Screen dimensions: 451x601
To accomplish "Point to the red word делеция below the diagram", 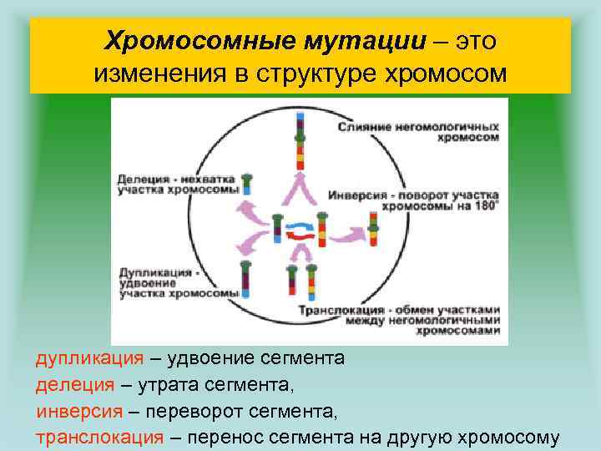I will [x=74, y=385].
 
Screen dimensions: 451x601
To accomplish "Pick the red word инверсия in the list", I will [x=81, y=412].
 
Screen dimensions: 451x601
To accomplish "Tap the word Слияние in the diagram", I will [x=366, y=126].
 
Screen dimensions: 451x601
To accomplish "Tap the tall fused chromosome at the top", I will [x=300, y=137].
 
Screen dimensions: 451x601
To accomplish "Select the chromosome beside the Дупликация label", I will [x=246, y=284].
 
